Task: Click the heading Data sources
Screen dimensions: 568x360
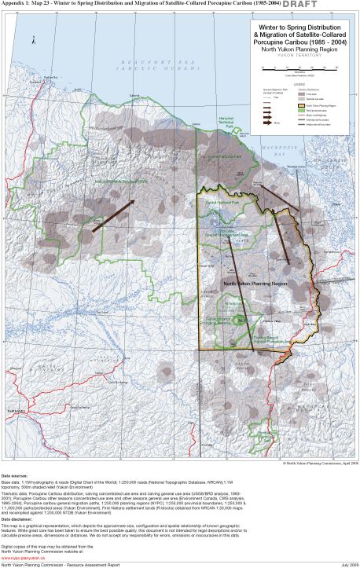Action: click(x=17, y=476)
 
